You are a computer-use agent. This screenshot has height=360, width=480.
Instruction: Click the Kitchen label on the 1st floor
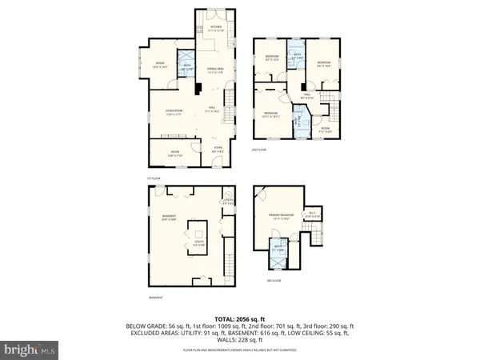coord(215,29)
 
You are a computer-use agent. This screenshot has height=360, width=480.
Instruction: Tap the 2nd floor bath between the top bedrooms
coord(295,57)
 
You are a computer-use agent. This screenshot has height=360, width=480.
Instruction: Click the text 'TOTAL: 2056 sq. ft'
coord(239,318)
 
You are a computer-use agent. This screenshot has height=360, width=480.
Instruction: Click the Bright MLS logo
coord(30,349)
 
